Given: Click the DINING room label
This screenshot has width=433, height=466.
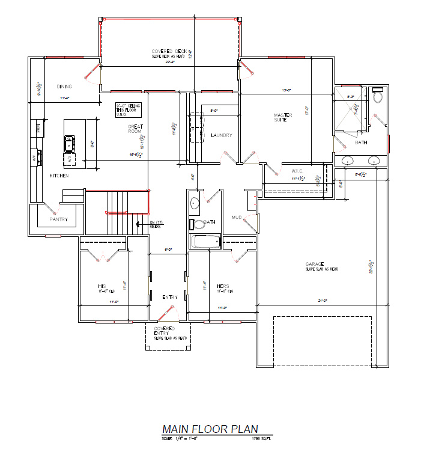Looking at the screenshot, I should (x=64, y=86).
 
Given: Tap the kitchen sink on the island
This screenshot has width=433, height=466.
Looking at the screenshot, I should (x=70, y=143).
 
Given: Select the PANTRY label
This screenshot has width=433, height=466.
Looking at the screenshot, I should (x=58, y=219).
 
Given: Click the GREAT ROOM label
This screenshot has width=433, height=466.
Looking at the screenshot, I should (x=135, y=129).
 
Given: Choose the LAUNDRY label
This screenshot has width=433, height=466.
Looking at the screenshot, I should (x=221, y=135).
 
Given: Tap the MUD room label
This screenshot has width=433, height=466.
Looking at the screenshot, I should (x=237, y=217).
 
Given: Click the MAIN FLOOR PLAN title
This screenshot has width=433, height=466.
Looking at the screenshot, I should (x=210, y=429).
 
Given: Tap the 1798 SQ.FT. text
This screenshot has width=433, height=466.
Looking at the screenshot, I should (x=262, y=440).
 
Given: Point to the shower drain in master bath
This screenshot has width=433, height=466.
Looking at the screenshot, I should (x=350, y=112).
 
